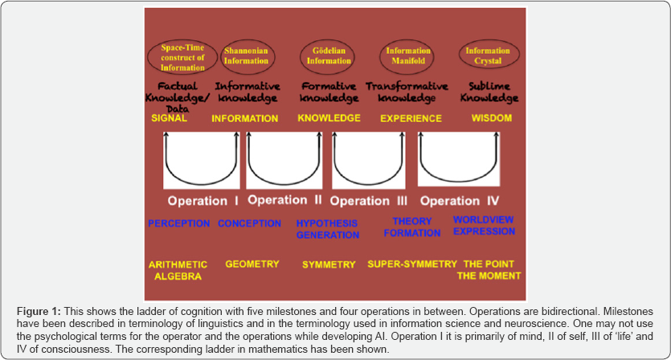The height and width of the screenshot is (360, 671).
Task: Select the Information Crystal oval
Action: point(489,55)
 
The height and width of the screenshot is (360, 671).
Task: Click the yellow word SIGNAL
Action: point(169,118)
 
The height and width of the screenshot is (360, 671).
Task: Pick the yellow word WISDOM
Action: point(493,118)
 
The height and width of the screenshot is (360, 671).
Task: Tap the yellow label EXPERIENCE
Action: point(411,118)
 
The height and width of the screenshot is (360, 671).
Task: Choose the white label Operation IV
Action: point(460,200)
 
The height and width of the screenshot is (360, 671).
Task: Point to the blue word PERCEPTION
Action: point(179,223)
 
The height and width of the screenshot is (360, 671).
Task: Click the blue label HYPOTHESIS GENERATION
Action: point(327,229)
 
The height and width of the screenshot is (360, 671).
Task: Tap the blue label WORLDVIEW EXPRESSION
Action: point(484,225)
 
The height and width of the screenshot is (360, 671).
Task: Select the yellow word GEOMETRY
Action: point(252,264)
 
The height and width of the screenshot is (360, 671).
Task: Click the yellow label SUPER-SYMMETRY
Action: point(412,264)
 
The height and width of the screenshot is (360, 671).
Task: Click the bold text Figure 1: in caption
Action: point(41,310)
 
